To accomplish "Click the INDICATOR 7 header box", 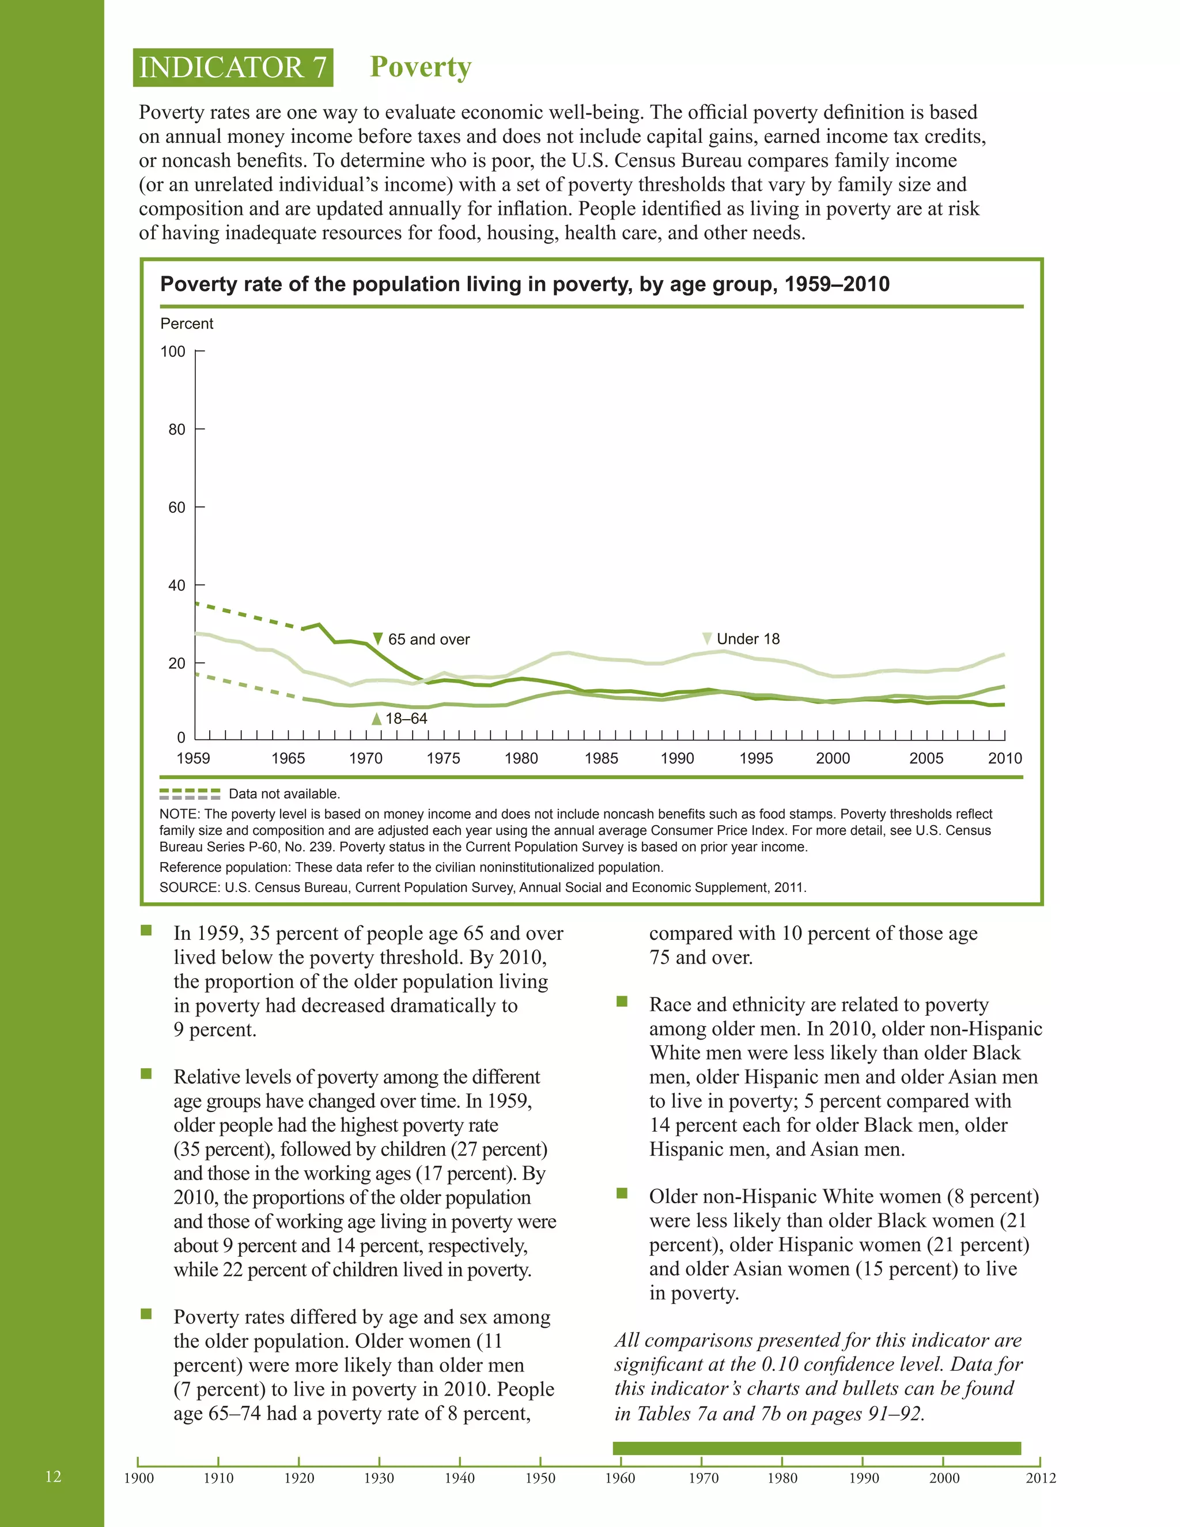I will pyautogui.click(x=233, y=68).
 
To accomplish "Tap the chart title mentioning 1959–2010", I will pyautogui.click(x=524, y=284).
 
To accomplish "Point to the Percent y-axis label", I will pyautogui.click(x=187, y=324).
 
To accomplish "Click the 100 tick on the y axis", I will pyautogui.click(x=173, y=351).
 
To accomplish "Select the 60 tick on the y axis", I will pyautogui.click(x=177, y=508).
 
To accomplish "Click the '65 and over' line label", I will pyautogui.click(x=429, y=639).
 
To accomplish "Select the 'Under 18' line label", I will pyautogui.click(x=748, y=639).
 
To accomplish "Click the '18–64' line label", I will pyautogui.click(x=406, y=719).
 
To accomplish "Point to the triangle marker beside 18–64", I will pyautogui.click(x=377, y=719).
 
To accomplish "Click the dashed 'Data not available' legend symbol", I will pyautogui.click(x=190, y=793).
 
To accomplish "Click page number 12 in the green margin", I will pyautogui.click(x=53, y=1476).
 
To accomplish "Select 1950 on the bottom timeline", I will pyautogui.click(x=540, y=1478).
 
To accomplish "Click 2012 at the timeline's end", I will pyautogui.click(x=1040, y=1478).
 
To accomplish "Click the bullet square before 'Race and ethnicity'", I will pyautogui.click(x=622, y=1002).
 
